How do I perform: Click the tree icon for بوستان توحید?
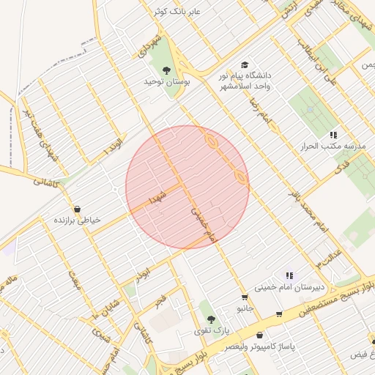[x=167, y=71]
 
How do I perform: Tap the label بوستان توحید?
[x=168, y=83]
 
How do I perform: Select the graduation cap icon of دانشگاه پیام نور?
[x=244, y=65]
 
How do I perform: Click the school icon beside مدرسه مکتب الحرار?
[x=333, y=135]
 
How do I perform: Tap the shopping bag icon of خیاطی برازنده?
[x=78, y=208]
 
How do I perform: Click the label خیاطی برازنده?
[x=77, y=220]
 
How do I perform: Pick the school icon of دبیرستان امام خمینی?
[x=290, y=276]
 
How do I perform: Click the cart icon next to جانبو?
[x=244, y=297]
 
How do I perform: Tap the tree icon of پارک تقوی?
[x=211, y=319]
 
